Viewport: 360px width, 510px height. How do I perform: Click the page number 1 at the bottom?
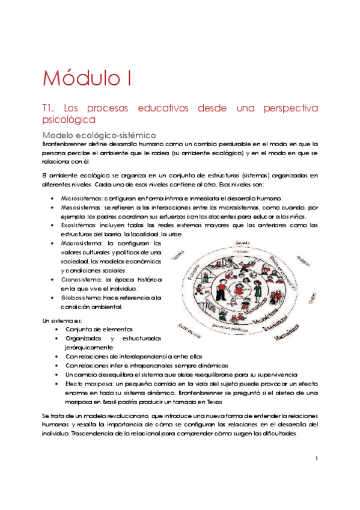(316, 459)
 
